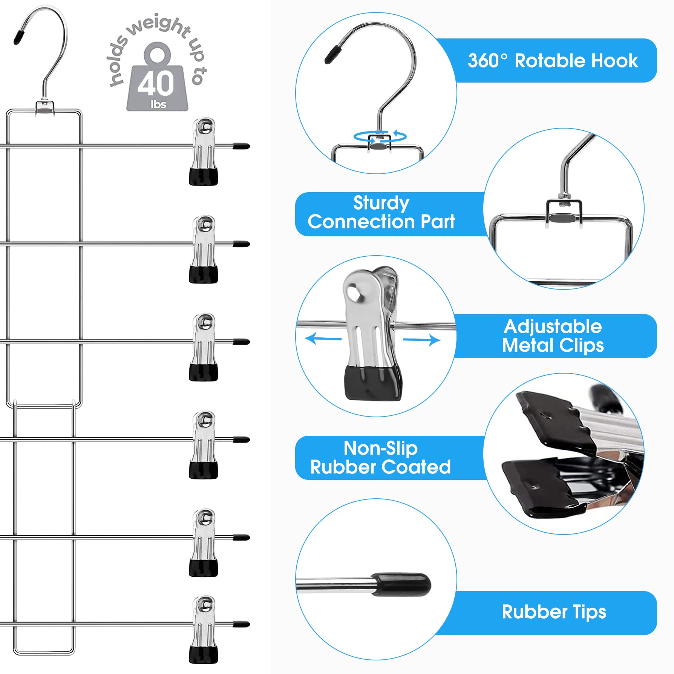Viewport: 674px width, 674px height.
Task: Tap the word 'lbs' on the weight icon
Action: click(x=158, y=104)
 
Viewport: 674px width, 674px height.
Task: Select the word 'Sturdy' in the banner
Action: click(x=381, y=203)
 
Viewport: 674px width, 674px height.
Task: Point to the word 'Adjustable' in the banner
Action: click(x=553, y=326)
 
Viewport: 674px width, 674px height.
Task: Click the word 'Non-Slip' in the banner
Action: click(x=381, y=448)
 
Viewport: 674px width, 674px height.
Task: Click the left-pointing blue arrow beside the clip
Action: click(x=323, y=339)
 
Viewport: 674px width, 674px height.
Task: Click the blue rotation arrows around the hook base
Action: click(x=380, y=136)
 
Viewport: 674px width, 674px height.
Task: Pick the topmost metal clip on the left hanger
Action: click(x=204, y=151)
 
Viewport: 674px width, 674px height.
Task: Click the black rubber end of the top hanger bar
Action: click(x=241, y=146)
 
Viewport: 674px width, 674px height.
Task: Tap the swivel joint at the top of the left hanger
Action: click(x=45, y=108)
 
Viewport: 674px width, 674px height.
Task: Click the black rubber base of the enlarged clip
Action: click(x=373, y=383)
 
